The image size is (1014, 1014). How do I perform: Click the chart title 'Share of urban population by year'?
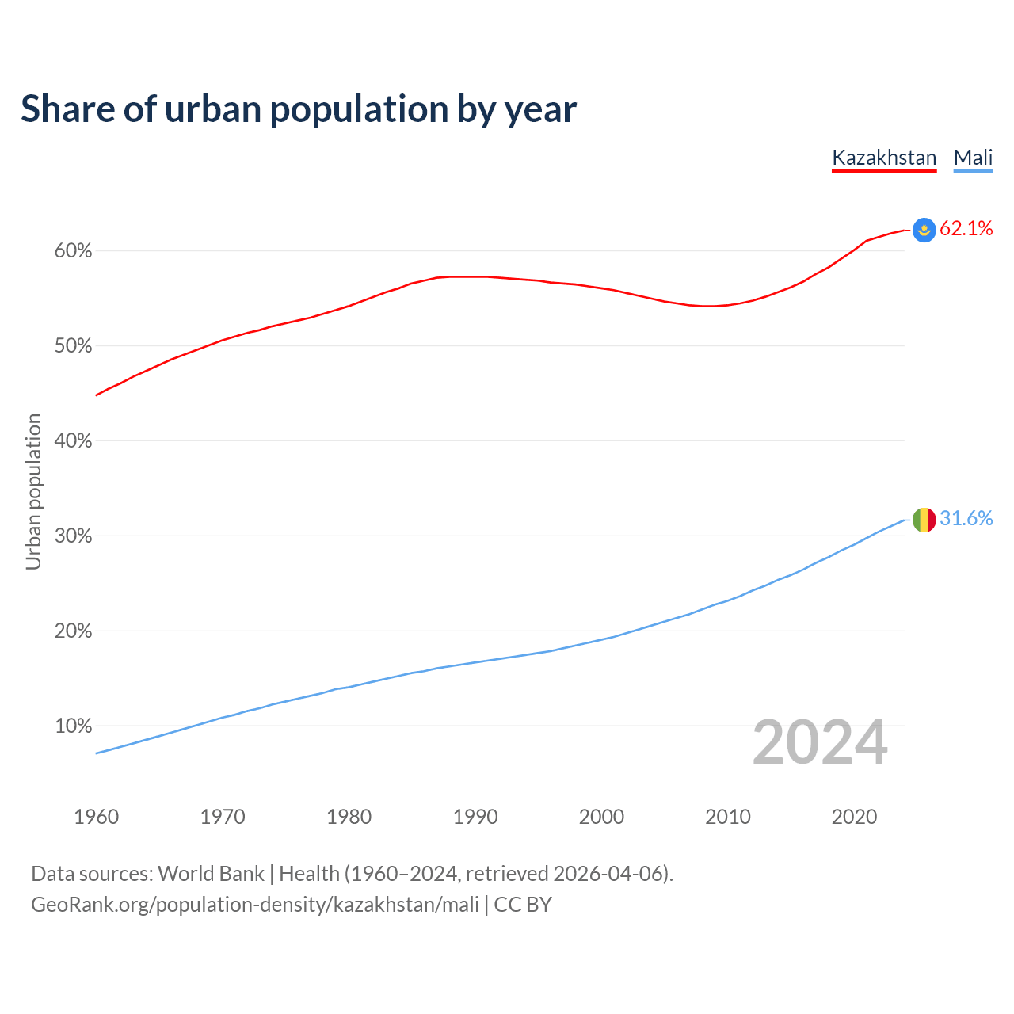(x=298, y=109)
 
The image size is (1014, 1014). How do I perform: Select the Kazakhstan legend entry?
(x=884, y=158)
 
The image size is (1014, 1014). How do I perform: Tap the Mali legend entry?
(x=973, y=158)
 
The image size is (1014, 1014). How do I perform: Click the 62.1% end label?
(x=966, y=229)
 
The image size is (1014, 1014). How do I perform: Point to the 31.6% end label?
(x=966, y=519)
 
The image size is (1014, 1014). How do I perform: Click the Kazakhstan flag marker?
(x=924, y=230)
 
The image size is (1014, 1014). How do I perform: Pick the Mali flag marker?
(x=924, y=520)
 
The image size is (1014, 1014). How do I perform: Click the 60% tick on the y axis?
(x=73, y=251)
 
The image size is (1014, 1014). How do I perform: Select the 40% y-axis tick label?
(x=73, y=441)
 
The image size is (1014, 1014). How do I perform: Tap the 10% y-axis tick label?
(x=73, y=726)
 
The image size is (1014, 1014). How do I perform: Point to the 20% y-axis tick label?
(x=73, y=631)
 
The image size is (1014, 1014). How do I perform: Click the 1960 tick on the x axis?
(x=96, y=817)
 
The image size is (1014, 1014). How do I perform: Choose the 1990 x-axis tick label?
(x=475, y=817)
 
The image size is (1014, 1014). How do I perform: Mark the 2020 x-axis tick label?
(x=854, y=817)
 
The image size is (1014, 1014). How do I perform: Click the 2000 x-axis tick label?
(x=601, y=817)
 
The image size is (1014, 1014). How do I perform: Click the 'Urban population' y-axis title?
(x=33, y=491)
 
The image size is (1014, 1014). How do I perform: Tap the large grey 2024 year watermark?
(x=819, y=743)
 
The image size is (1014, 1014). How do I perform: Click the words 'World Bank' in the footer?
(x=211, y=874)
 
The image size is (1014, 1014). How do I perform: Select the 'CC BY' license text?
(x=523, y=905)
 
